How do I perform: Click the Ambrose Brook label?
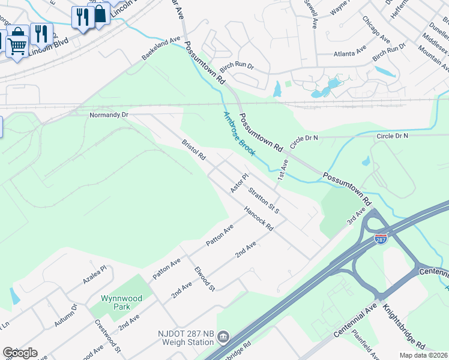[240, 133]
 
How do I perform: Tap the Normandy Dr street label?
[109, 114]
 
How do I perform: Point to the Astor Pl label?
[239, 184]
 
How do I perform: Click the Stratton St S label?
[264, 201]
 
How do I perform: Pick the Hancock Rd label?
[259, 219]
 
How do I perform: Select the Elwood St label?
[204, 279]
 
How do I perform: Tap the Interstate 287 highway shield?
[380, 239]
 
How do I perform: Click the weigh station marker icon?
[223, 337]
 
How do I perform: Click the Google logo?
[20, 353]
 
